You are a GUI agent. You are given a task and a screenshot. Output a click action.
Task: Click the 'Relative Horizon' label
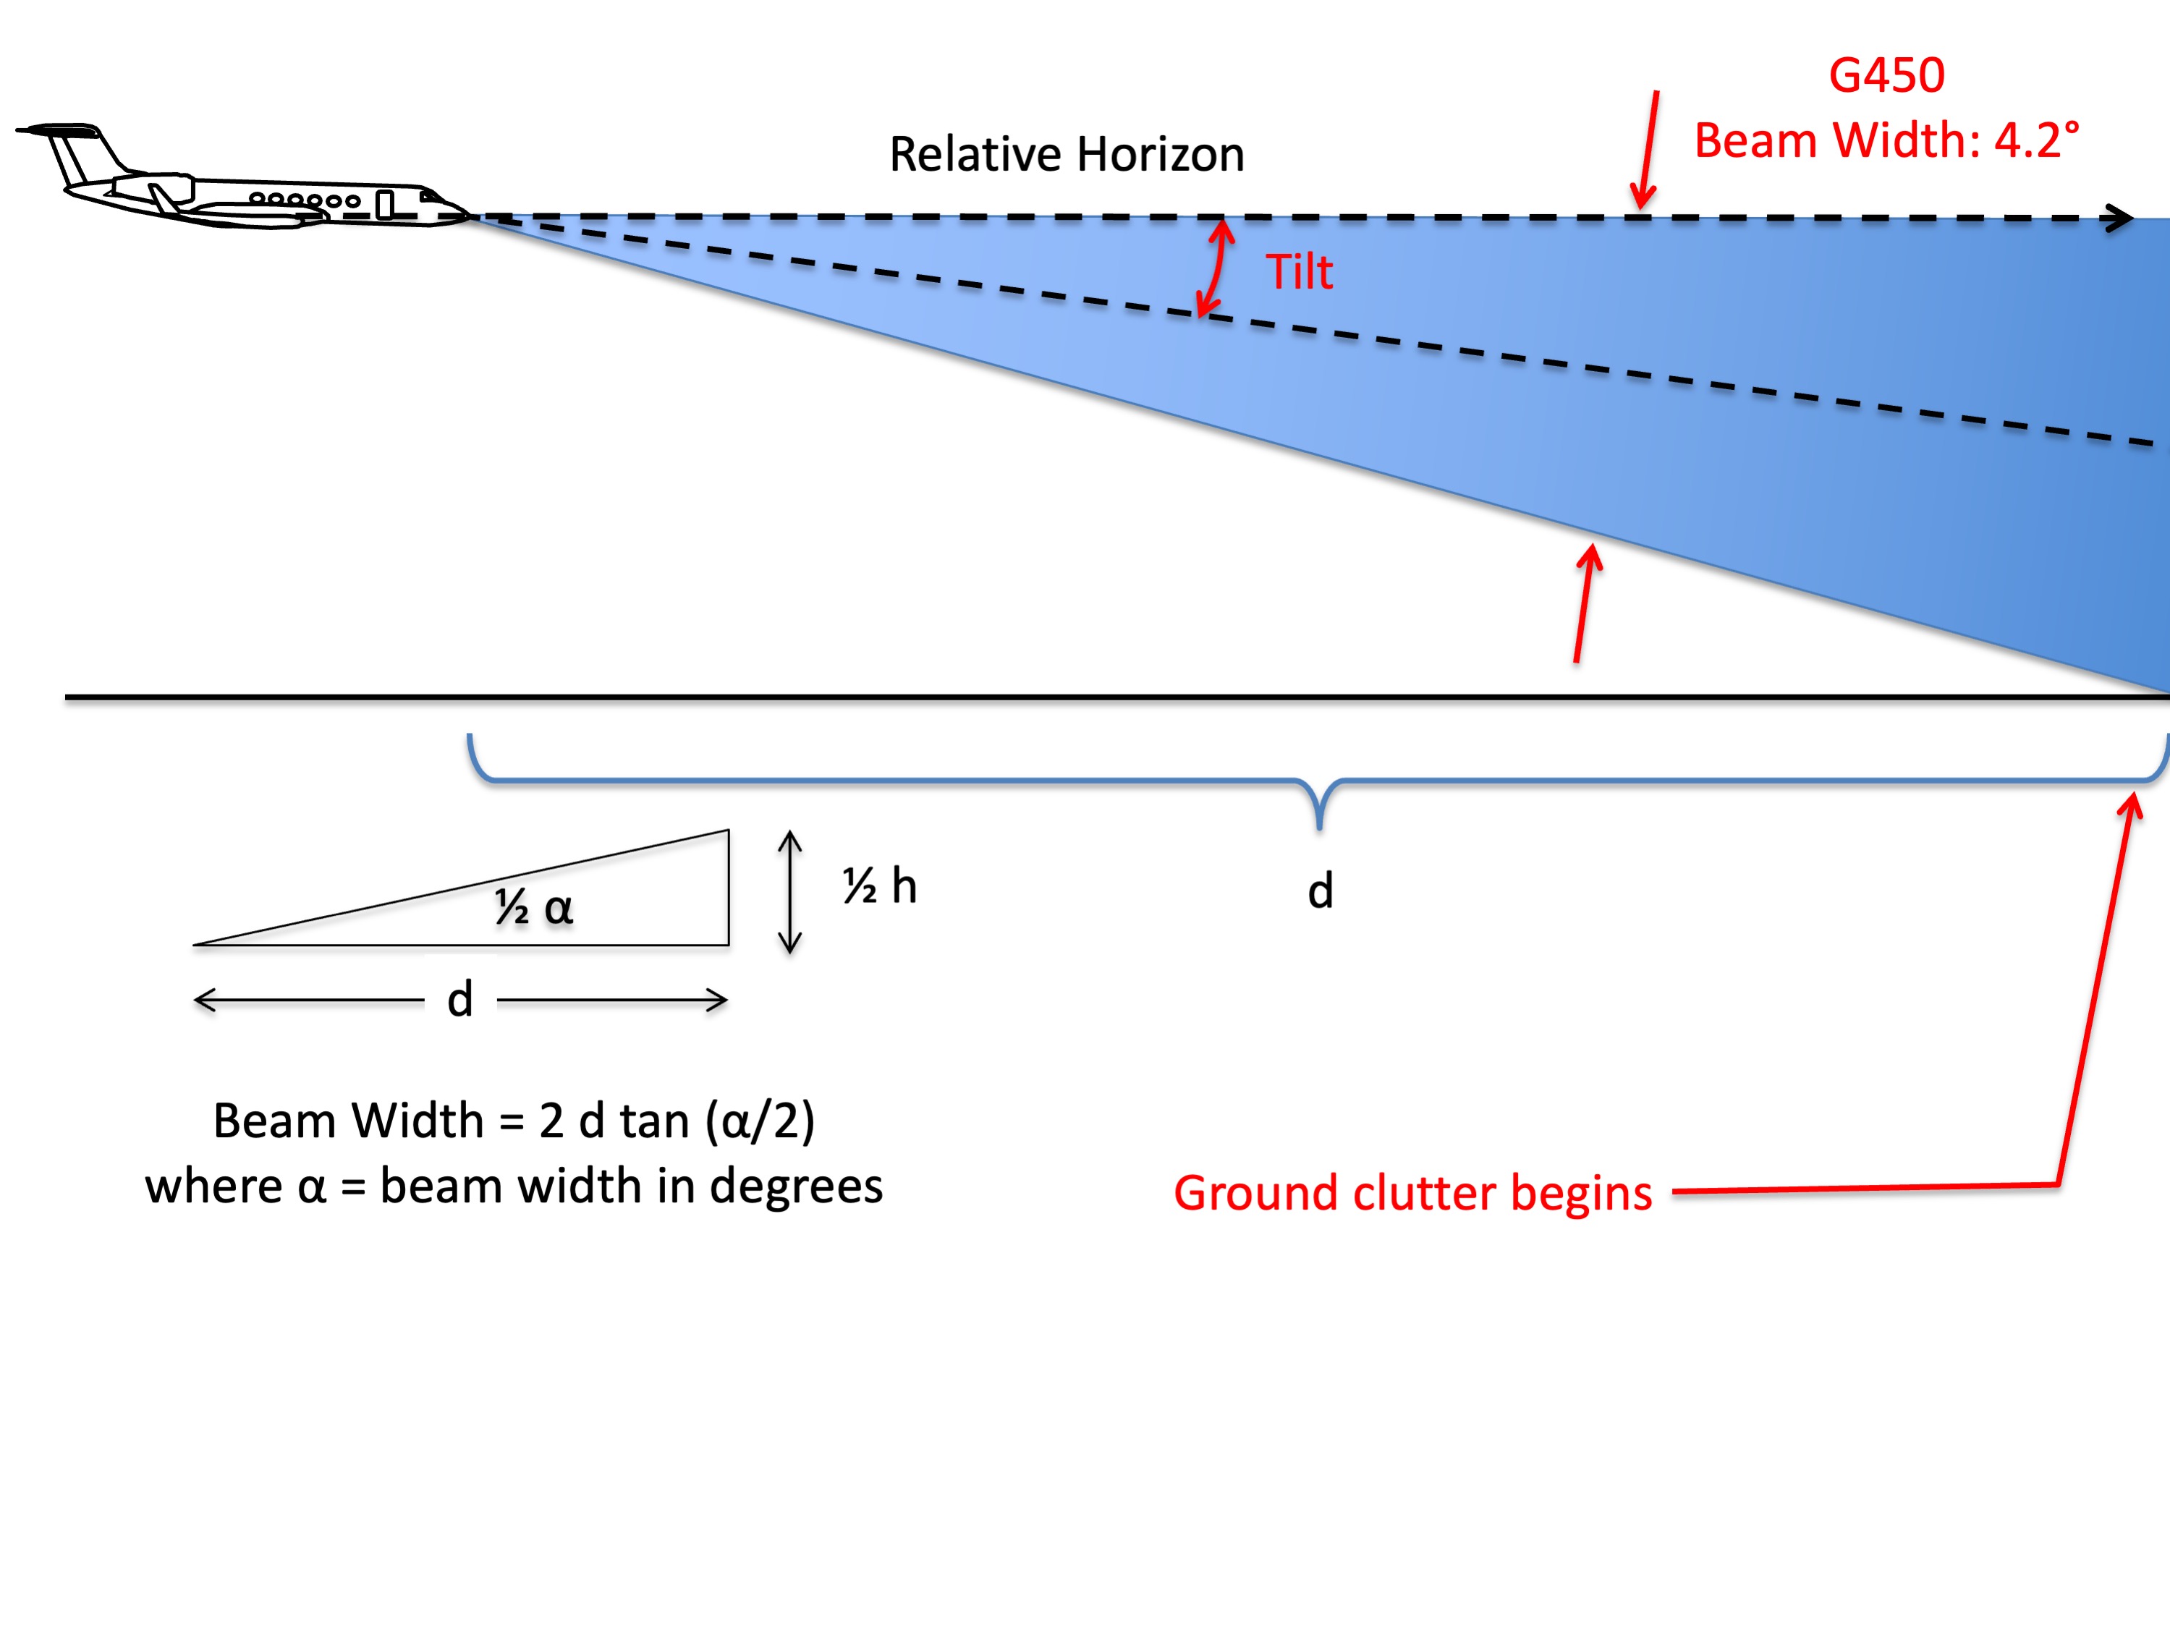point(1067,154)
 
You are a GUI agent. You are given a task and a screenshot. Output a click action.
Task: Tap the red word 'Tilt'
point(1299,272)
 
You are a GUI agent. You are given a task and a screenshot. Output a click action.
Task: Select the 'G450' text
point(1886,75)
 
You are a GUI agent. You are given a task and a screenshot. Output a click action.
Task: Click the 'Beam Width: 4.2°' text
point(1886,140)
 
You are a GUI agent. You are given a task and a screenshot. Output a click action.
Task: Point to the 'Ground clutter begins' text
point(1412,1192)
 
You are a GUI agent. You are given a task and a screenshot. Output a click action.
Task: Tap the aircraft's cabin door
point(384,204)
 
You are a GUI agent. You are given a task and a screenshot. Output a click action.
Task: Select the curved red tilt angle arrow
point(1216,267)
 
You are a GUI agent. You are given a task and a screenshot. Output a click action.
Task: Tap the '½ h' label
point(880,886)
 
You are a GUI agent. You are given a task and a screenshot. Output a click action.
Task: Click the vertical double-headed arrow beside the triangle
point(789,891)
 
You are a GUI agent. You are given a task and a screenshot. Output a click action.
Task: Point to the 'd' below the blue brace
point(1321,891)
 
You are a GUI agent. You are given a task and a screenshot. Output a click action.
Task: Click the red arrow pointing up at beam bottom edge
point(1583,603)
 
